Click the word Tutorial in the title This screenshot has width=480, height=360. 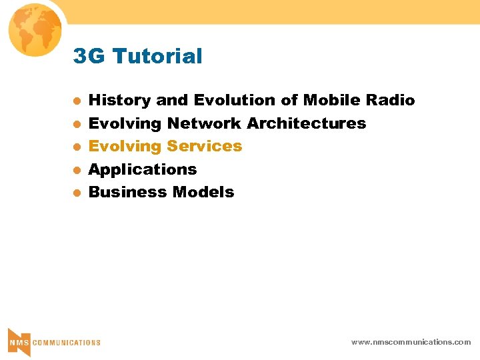point(157,57)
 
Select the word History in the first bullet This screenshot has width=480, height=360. point(120,101)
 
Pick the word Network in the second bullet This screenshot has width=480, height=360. point(204,123)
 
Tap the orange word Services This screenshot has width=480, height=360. point(205,146)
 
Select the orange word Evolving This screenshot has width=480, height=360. point(125,147)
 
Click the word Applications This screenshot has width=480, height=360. point(143,170)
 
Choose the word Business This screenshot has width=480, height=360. point(127,192)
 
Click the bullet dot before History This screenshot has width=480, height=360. point(77,101)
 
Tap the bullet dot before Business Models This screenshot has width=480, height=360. point(77,193)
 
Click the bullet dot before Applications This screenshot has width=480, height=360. point(77,170)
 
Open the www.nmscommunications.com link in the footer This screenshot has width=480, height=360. point(411,342)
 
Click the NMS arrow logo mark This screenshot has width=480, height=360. point(19,341)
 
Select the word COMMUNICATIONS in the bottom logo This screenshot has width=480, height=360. point(67,343)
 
